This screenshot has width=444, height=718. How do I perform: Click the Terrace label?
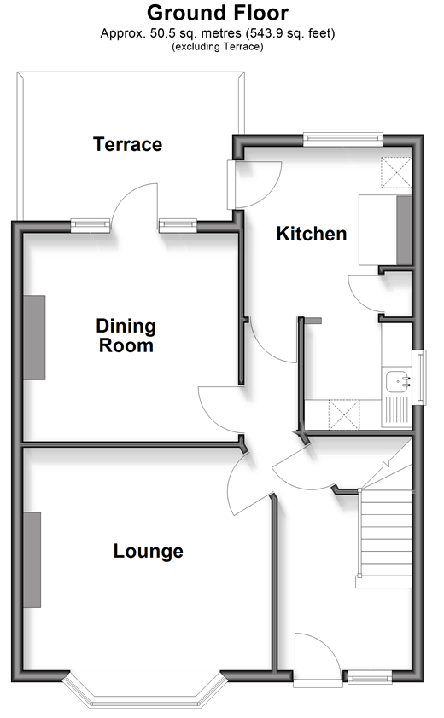coord(127,144)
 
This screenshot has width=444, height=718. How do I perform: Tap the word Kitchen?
coord(312,234)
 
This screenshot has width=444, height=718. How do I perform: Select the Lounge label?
coord(149,552)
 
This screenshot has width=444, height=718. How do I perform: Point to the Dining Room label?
coord(126,336)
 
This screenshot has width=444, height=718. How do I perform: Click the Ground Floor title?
coord(218,13)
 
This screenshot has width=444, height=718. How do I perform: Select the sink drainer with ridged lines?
coord(396,410)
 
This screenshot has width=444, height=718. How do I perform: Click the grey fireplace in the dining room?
coord(34,338)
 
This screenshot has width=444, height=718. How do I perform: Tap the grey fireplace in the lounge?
coord(32,559)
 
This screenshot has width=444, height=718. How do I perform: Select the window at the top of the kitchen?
coord(342,140)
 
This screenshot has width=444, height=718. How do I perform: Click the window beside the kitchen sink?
coord(418,377)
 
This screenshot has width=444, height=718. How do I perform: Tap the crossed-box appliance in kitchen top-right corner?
coord(396,172)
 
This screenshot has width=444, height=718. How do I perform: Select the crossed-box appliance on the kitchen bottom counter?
coord(344,414)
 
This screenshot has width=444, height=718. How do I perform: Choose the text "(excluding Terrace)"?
coord(218,46)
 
